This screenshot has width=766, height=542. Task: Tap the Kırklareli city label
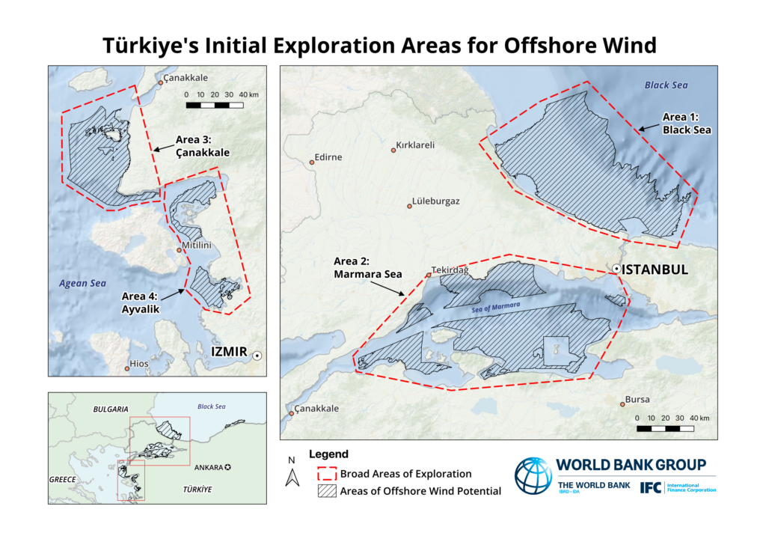click(415, 145)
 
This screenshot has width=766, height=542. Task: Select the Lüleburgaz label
click(437, 202)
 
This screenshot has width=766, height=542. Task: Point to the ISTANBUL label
click(655, 270)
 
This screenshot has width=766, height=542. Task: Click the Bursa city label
click(637, 400)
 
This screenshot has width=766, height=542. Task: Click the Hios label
click(139, 364)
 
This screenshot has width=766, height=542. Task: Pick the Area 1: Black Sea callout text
click(686, 124)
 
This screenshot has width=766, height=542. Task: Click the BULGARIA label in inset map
click(110, 409)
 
